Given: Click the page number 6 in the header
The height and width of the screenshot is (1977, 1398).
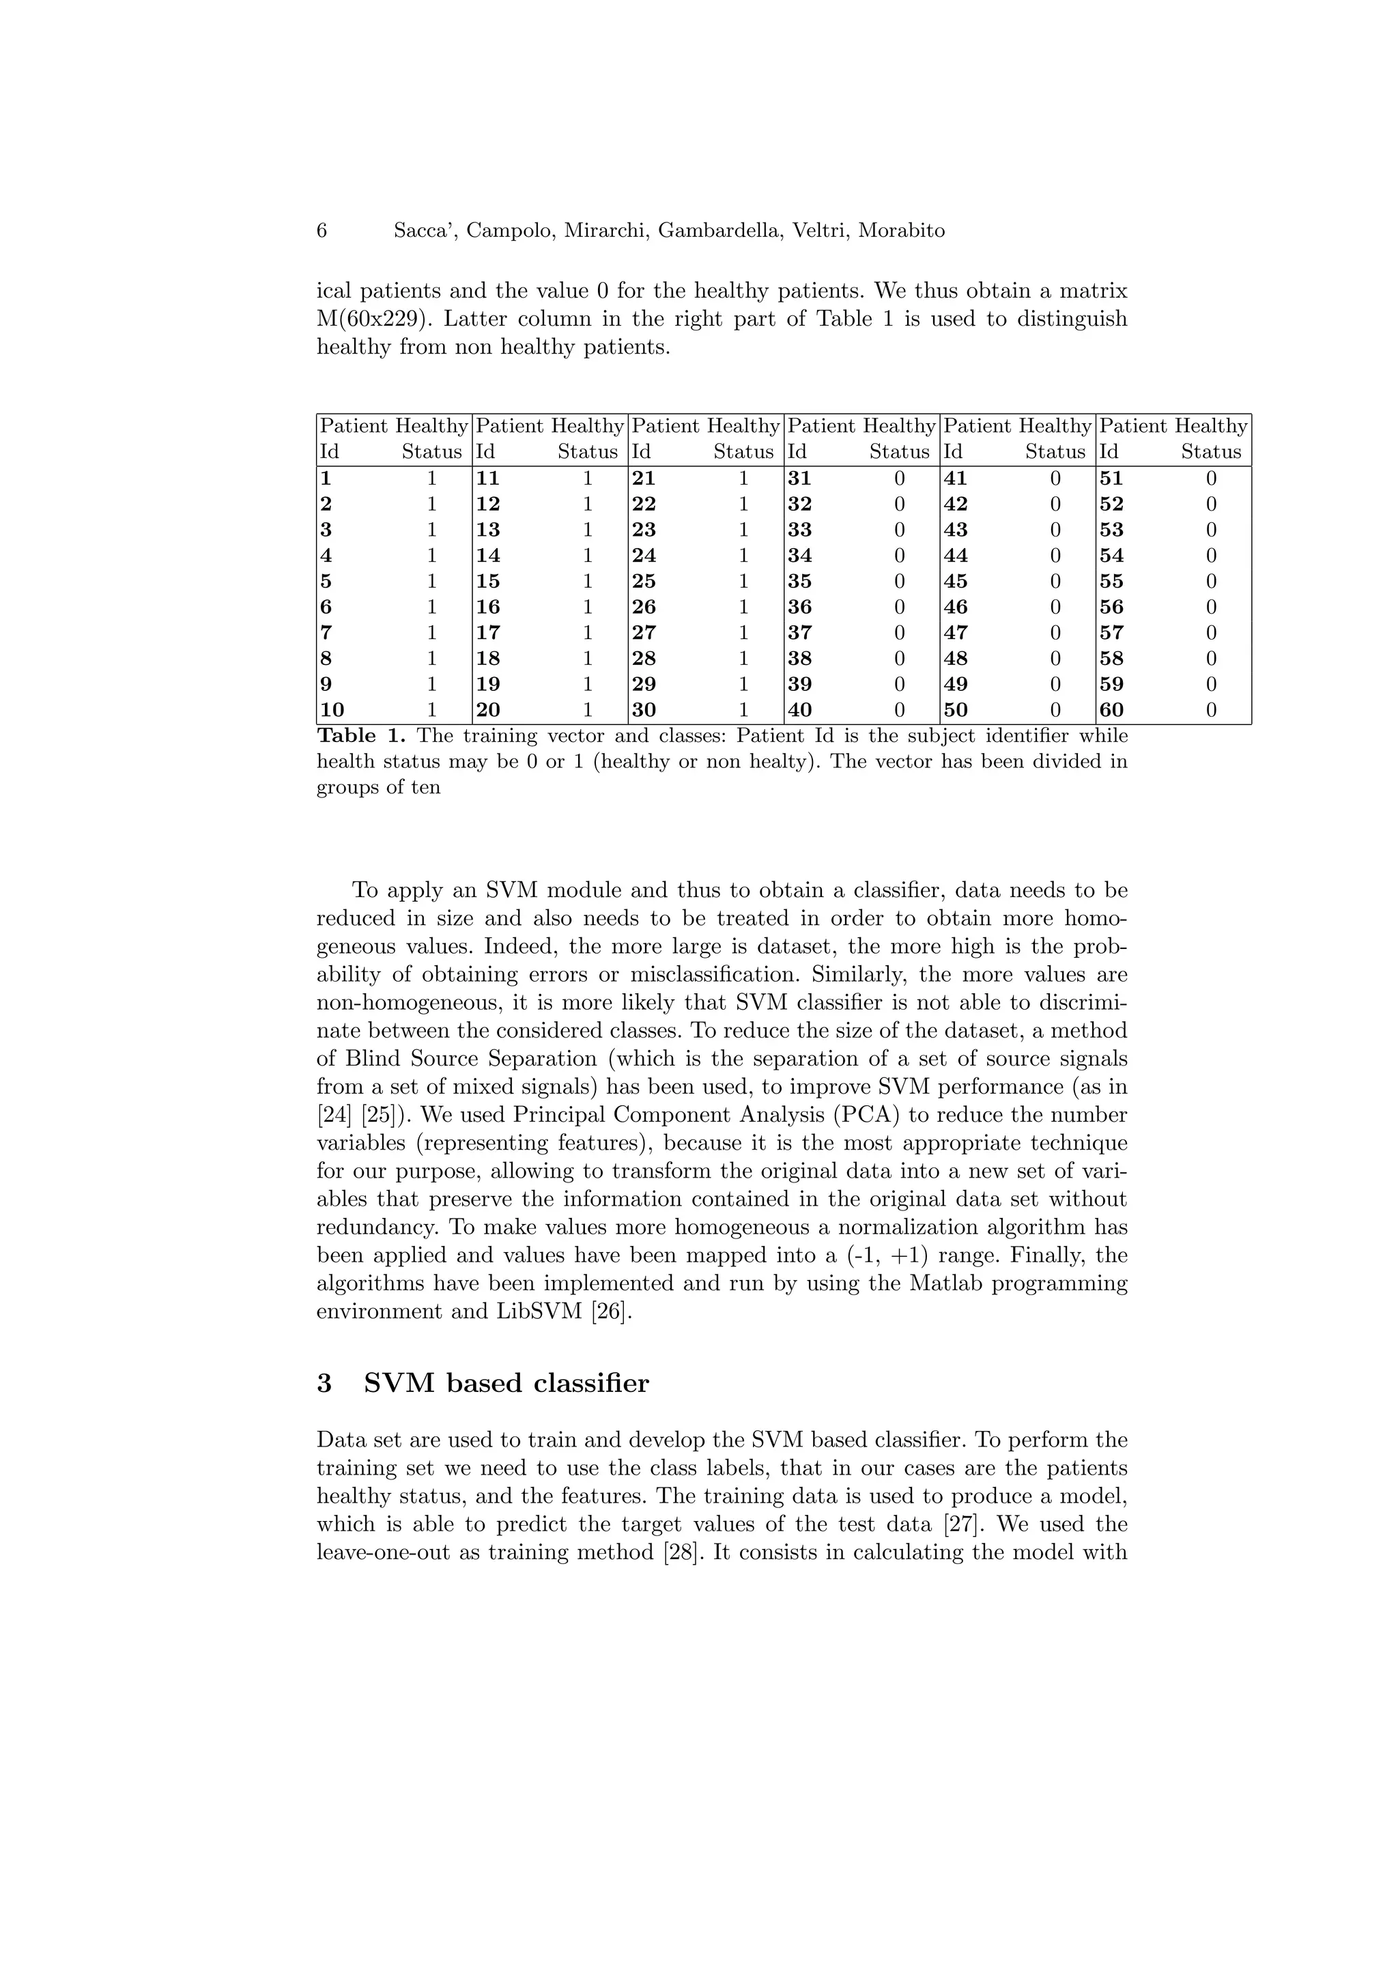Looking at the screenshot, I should (x=322, y=231).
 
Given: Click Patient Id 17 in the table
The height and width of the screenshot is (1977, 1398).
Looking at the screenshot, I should (x=488, y=633).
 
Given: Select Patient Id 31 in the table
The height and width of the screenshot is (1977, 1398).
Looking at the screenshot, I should (x=800, y=479).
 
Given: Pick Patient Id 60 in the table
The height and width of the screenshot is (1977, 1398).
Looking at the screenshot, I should (x=1111, y=711).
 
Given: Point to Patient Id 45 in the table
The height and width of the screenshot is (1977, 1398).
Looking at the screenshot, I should (x=956, y=581).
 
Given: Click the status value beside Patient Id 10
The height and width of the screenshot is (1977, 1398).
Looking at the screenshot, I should (x=432, y=711).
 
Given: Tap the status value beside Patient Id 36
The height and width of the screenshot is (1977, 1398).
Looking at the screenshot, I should (x=900, y=607).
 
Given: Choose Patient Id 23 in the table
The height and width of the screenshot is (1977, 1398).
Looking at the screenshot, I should (x=644, y=530).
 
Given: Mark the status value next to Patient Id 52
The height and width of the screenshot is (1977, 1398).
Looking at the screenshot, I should (x=1211, y=504).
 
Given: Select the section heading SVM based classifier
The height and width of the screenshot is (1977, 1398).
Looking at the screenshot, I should (x=507, y=1384).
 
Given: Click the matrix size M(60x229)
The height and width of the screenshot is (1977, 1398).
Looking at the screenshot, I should (x=373, y=319).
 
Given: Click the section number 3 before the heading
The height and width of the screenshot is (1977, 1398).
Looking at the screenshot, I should (x=324, y=1384).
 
